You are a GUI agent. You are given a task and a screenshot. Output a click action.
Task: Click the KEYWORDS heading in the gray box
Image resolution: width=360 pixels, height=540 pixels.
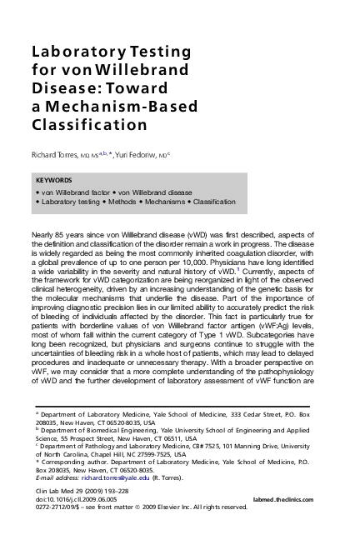(x=54, y=180)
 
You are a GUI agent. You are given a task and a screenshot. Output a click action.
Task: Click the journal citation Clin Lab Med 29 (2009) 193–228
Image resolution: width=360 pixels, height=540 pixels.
(x=82, y=491)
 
